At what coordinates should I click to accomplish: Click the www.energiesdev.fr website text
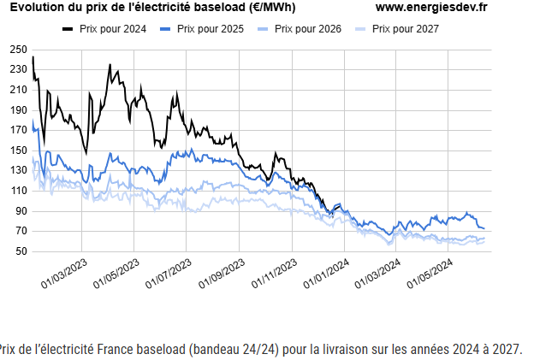(431, 8)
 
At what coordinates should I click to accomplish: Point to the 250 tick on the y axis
(19, 50)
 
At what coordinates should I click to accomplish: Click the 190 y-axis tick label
(19, 110)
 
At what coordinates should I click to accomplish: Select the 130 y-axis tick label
(19, 171)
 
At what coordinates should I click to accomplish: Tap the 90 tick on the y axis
(21, 211)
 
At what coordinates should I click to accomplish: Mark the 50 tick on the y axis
(21, 251)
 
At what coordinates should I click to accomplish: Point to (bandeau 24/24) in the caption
(233, 350)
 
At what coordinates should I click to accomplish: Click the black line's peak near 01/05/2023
(110, 65)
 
